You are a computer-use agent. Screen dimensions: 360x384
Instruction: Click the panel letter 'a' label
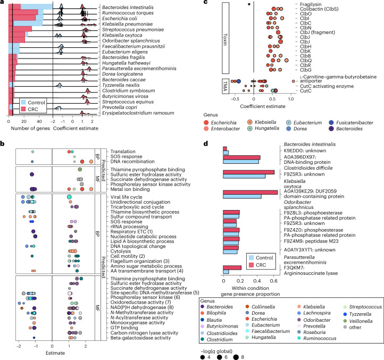pos(3,3)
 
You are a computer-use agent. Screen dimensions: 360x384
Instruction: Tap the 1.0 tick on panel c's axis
pos(290,99)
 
